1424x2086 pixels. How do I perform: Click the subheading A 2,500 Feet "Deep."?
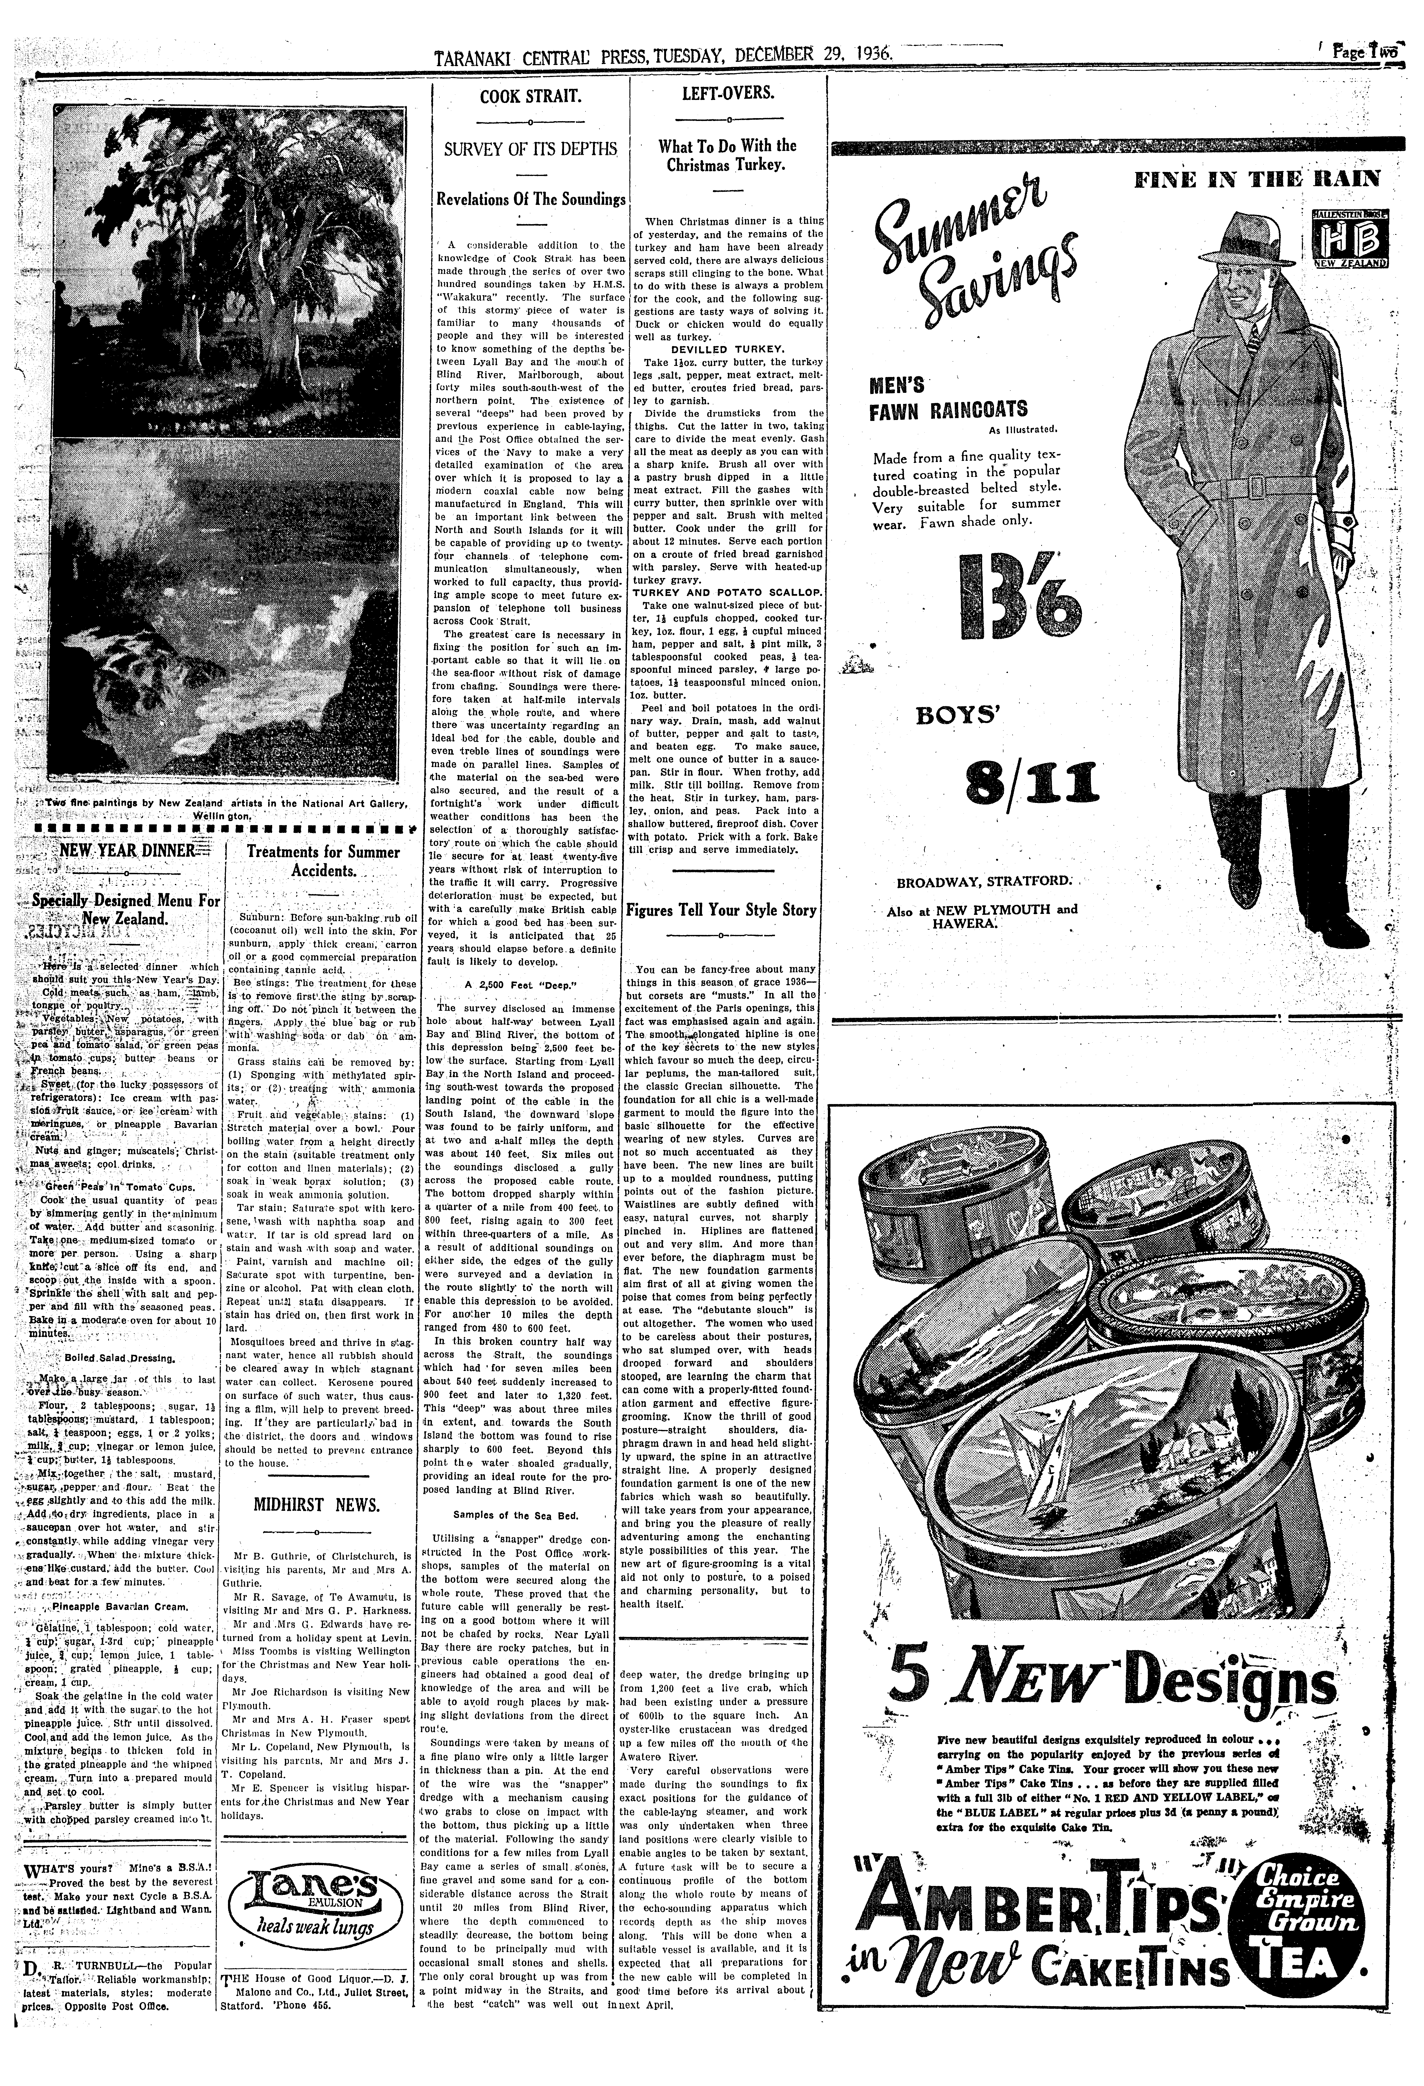[530, 984]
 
